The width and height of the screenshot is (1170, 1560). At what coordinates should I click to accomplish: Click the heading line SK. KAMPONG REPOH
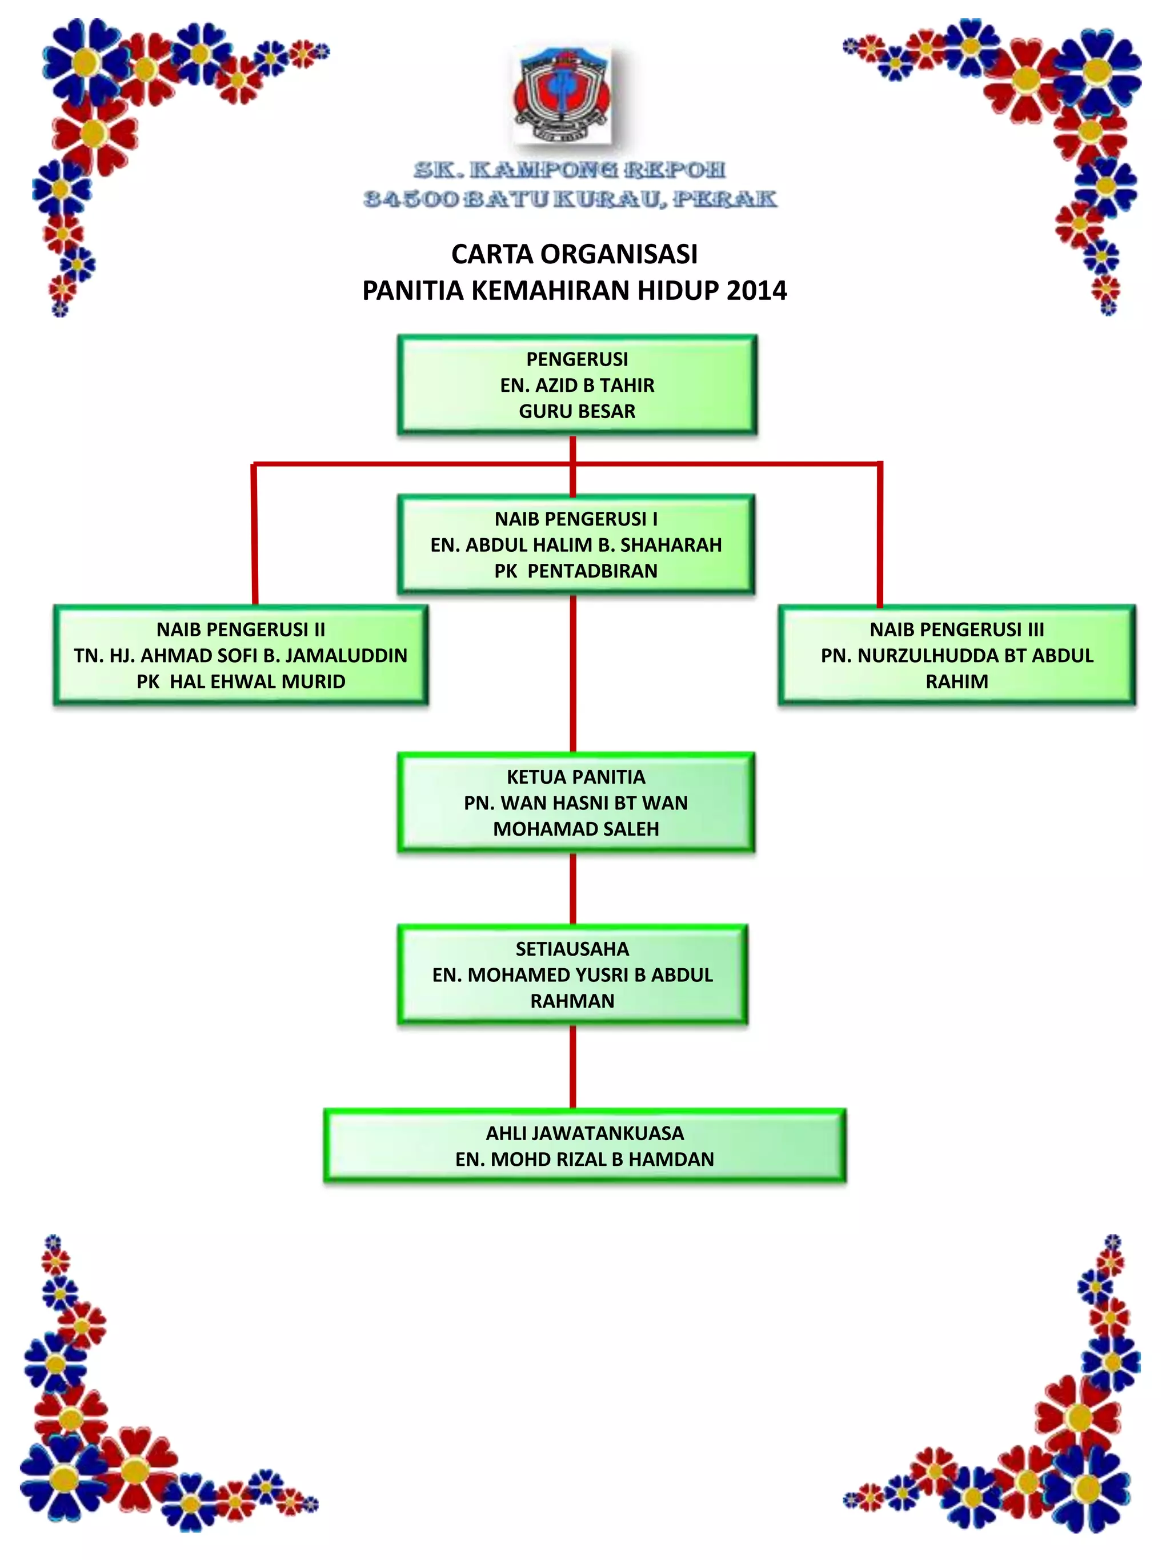[569, 170]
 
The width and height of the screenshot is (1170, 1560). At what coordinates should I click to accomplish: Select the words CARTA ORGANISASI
[574, 254]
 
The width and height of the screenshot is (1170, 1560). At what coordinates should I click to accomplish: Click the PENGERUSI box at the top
[577, 384]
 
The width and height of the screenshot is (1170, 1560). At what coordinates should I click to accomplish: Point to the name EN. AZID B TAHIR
[577, 385]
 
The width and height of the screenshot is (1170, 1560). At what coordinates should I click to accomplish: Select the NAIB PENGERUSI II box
[241, 655]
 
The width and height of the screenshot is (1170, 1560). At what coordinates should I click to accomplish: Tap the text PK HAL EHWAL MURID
[241, 681]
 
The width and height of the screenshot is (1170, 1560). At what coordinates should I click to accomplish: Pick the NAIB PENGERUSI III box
[957, 655]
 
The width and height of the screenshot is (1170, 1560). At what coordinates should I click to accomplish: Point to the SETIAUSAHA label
[572, 949]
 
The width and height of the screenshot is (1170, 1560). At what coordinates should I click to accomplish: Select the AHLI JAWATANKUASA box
[584, 1145]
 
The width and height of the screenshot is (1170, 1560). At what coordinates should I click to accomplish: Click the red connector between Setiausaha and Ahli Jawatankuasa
[572, 1066]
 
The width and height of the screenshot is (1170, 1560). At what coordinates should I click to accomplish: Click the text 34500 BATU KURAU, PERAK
[570, 199]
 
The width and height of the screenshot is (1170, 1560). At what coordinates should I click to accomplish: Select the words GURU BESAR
[577, 411]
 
